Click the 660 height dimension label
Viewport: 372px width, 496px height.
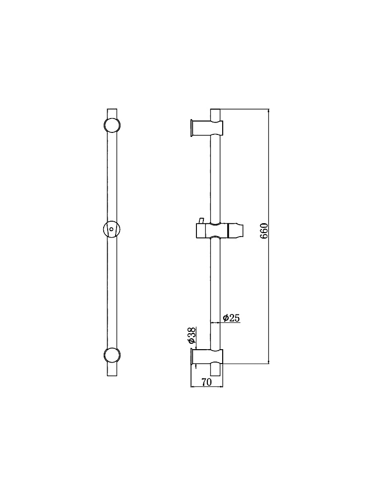click(265, 231)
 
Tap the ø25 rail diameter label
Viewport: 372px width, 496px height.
click(231, 317)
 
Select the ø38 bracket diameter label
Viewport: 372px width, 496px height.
click(191, 336)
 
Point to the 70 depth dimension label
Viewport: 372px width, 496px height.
click(206, 382)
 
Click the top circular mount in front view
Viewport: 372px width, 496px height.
click(112, 125)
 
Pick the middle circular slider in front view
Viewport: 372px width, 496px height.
click(112, 229)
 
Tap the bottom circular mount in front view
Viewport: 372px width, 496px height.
click(112, 356)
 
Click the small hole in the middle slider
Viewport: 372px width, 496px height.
click(111, 229)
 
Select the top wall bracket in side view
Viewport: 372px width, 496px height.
click(207, 128)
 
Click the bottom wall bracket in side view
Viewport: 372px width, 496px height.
click(207, 358)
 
